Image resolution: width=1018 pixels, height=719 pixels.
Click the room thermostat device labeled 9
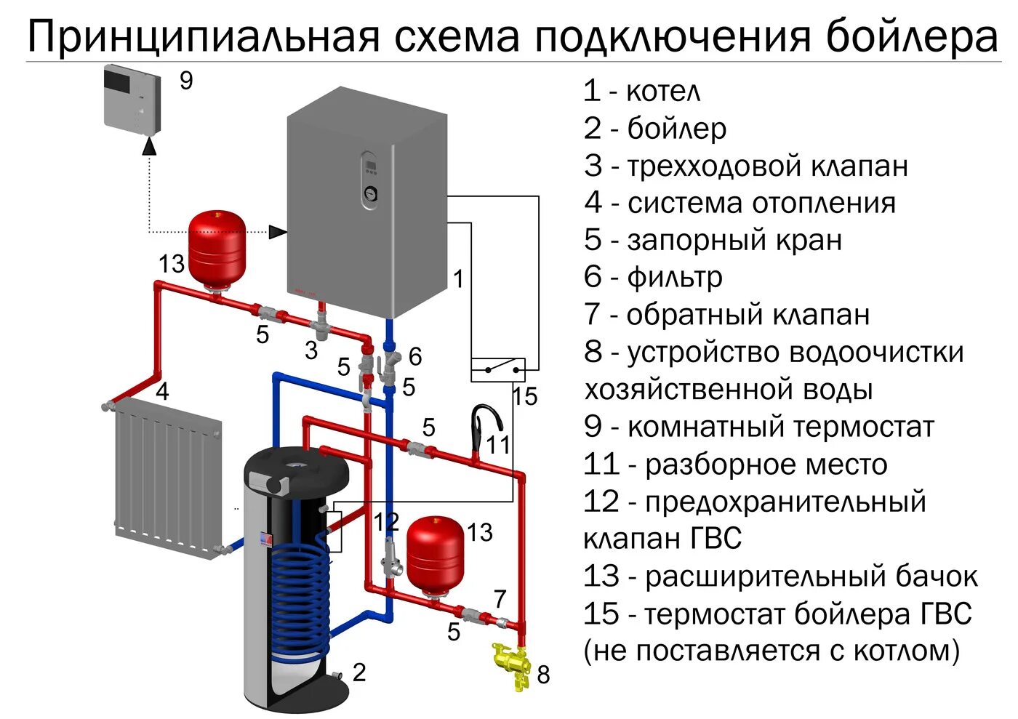click(x=132, y=97)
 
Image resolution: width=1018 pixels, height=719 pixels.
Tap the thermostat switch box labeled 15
click(x=498, y=369)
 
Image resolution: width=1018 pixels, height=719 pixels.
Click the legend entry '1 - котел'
click(x=642, y=92)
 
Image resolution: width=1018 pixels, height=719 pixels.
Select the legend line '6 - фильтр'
click(x=653, y=277)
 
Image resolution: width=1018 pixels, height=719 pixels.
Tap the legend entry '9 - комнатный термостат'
click(x=758, y=427)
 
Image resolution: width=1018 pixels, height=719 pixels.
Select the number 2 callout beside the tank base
click(x=359, y=672)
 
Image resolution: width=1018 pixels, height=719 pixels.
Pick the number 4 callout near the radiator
click(x=162, y=391)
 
